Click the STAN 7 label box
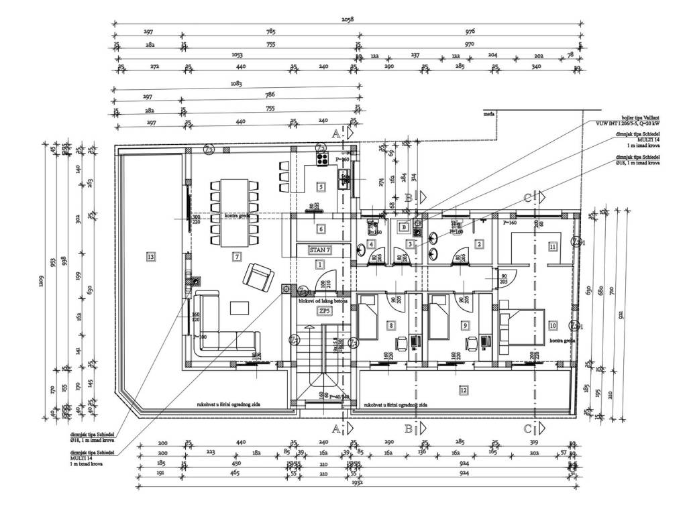pos(320,250)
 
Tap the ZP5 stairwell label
pos(324,311)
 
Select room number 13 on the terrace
pos(150,256)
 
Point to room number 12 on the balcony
pos(463,390)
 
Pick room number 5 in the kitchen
pos(321,187)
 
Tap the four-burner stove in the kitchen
pos(319,159)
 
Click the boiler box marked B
pos(404,228)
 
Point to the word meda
pos(489,115)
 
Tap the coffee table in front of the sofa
pos(240,308)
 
